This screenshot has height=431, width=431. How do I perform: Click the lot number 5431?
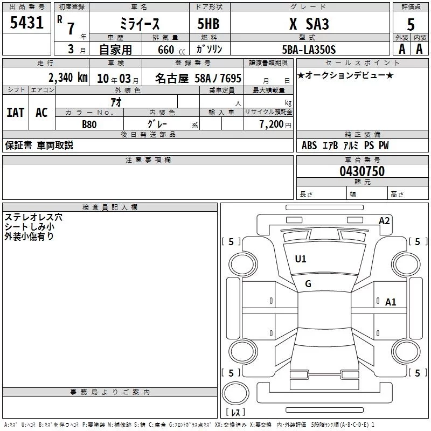pyautogui.click(x=26, y=23)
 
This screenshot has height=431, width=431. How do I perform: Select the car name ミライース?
pyautogui.click(x=140, y=24)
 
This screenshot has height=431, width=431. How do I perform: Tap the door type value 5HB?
pyautogui.click(x=208, y=24)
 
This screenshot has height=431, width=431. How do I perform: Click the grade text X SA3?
pyautogui.click(x=309, y=24)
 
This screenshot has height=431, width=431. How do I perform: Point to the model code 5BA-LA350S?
pyautogui.click(x=309, y=50)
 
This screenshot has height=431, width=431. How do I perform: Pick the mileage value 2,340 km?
pyautogui.click(x=68, y=78)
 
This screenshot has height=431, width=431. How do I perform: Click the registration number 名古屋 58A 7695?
pyautogui.click(x=198, y=78)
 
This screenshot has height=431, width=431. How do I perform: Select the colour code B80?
pyautogui.click(x=89, y=124)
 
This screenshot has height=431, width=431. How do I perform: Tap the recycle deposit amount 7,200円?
pyautogui.click(x=275, y=124)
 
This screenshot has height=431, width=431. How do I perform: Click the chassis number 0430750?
pyautogui.click(x=362, y=171)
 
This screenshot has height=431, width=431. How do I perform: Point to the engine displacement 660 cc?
pyautogui.click(x=171, y=50)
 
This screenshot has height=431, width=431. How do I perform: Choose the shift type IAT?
pyautogui.click(x=16, y=113)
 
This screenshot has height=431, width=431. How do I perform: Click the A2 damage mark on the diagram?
pyautogui.click(x=384, y=221)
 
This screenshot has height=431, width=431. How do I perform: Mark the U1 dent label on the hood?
pyautogui.click(x=301, y=259)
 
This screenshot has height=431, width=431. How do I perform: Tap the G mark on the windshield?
pyautogui.click(x=308, y=284)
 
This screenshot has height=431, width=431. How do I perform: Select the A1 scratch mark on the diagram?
pyautogui.click(x=390, y=302)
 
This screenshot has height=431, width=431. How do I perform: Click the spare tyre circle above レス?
pyautogui.click(x=235, y=393)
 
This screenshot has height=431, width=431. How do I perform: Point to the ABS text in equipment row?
pyautogui.click(x=309, y=145)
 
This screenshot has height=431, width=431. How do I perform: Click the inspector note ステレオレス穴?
pyautogui.click(x=33, y=217)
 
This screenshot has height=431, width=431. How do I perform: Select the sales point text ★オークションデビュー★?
pyautogui.click(x=345, y=75)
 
